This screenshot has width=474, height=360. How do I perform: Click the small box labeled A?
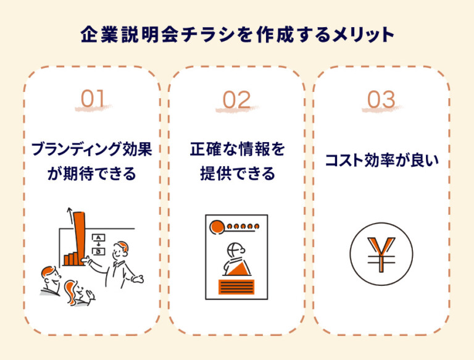click(98, 238)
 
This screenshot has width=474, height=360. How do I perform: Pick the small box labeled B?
click(98, 251)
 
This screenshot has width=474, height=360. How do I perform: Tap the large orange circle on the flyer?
click(217, 227)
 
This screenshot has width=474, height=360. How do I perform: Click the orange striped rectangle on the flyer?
click(236, 286)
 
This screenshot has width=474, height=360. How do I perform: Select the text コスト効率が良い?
click(381, 162)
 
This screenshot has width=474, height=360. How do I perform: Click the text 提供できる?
click(237, 174)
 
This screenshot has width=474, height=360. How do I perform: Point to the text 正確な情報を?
click(237, 150)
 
